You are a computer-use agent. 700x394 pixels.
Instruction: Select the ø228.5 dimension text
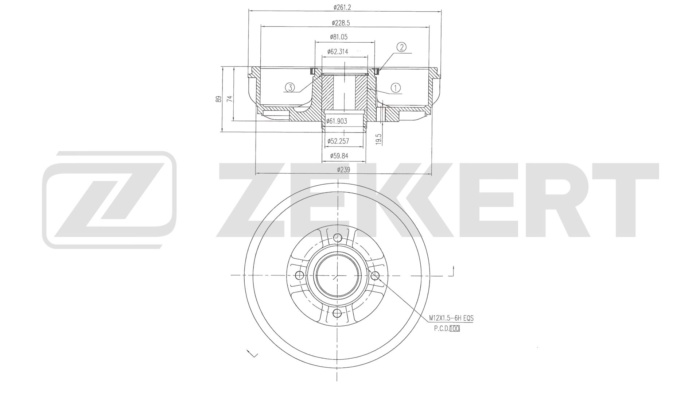[341, 23]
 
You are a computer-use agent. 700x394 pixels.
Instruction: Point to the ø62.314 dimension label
[338, 52]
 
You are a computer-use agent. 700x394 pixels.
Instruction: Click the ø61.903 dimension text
[337, 121]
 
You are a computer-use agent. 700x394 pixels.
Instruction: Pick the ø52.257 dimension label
[338, 141]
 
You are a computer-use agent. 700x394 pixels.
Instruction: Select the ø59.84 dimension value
[339, 156]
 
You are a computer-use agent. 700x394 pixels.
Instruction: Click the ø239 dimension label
[343, 170]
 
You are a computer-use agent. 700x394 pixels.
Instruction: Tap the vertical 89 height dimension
[218, 99]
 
